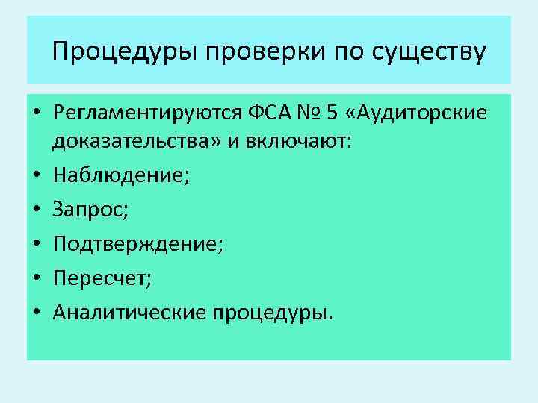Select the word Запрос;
tap(90, 210)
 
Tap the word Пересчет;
tap(102, 278)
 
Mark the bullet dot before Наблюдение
tap(36, 175)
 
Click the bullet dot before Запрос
tap(36, 210)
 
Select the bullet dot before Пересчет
tap(36, 278)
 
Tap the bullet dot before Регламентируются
tap(36, 114)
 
